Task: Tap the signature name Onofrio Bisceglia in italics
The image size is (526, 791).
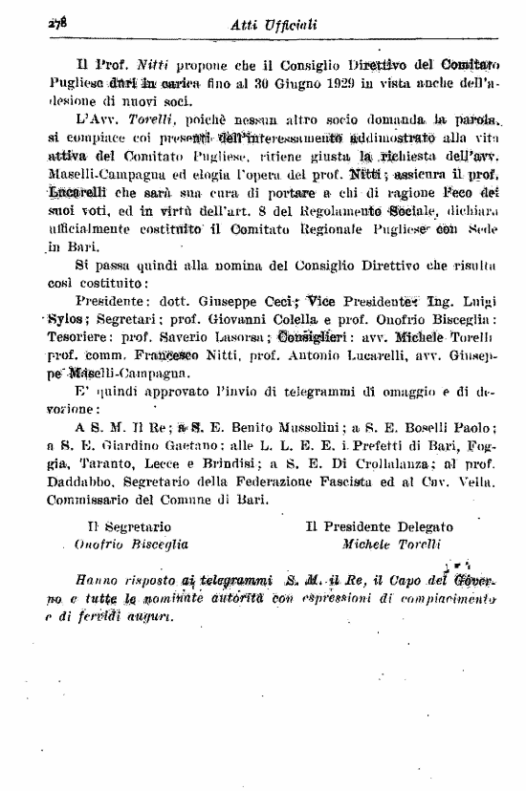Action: coord(132,544)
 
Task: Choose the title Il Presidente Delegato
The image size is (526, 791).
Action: coord(380,525)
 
